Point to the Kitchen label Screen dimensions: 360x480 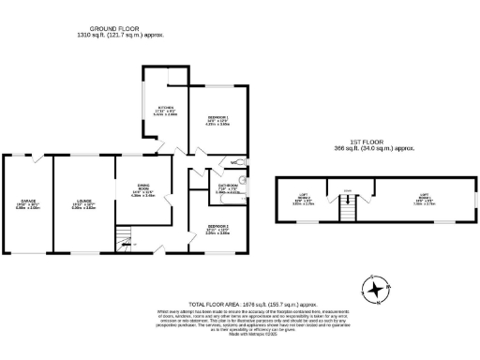click(x=166, y=110)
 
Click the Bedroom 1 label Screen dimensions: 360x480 click(x=217, y=120)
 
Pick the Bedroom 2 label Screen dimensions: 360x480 click(x=217, y=231)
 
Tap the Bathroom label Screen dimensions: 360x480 click(x=229, y=187)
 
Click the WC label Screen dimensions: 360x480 click(x=233, y=165)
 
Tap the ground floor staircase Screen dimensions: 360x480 click(x=125, y=240)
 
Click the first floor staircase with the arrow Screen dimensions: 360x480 click(x=347, y=212)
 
